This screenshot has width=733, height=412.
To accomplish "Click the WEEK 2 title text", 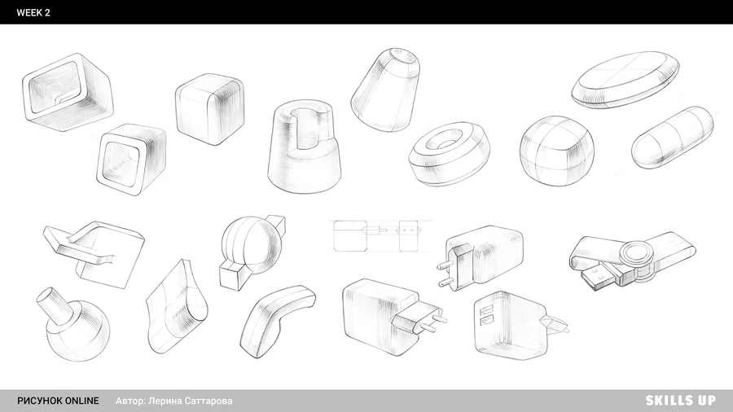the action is (33, 12).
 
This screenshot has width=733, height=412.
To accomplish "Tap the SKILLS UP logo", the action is (680, 401).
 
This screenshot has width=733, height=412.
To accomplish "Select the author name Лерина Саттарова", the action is (191, 401).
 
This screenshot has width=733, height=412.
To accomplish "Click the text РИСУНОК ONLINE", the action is (58, 401).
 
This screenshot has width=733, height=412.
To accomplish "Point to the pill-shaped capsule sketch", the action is (672, 138).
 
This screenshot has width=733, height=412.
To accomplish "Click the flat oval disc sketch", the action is (625, 80).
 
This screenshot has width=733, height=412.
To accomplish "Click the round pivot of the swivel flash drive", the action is (637, 256).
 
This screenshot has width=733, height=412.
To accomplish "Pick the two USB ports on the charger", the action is (485, 314).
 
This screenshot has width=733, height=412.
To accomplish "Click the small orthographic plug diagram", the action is (379, 236).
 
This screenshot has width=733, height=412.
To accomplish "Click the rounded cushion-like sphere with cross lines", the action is (557, 151).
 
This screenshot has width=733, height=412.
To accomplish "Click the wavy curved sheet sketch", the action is (176, 309).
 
